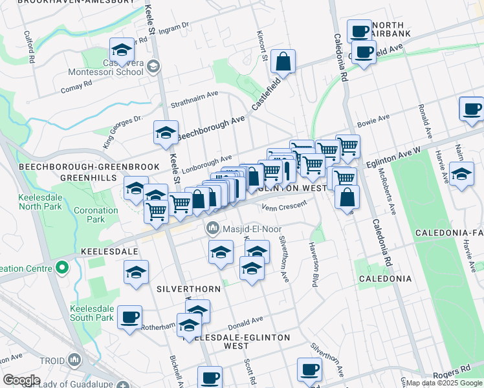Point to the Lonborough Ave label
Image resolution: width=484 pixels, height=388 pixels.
206,162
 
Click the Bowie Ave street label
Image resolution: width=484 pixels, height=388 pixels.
373,120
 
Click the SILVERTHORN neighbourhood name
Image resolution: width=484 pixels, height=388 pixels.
183,288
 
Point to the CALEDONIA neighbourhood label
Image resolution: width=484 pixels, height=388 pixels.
386,279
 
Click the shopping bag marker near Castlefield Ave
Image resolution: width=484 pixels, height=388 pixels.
283,62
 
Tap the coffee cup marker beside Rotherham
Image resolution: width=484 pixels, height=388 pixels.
130,317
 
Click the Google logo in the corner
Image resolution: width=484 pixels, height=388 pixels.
21,380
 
